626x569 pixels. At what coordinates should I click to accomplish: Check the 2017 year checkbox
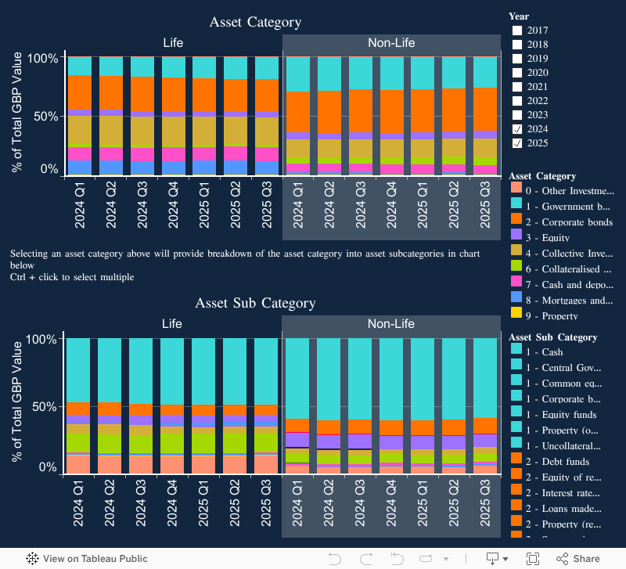(517, 31)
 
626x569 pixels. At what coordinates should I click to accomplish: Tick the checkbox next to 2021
(517, 87)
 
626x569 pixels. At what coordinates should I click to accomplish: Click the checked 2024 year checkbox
(517, 129)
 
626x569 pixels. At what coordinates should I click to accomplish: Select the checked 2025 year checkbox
(517, 143)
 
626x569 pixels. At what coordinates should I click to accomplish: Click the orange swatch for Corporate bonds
(516, 222)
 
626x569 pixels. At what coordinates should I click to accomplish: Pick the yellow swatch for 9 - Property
(516, 315)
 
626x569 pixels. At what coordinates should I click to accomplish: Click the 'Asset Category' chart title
(255, 22)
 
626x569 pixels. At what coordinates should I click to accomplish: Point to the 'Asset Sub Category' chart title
(255, 303)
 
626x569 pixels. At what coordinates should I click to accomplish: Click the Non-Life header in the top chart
(391, 43)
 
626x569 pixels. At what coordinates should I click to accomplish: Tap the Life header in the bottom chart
(172, 323)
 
